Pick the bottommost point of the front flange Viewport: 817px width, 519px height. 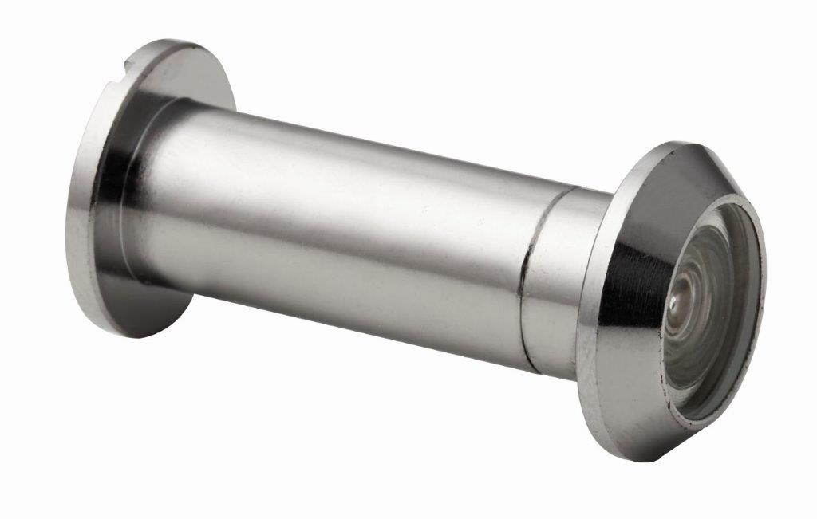point(638,461)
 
